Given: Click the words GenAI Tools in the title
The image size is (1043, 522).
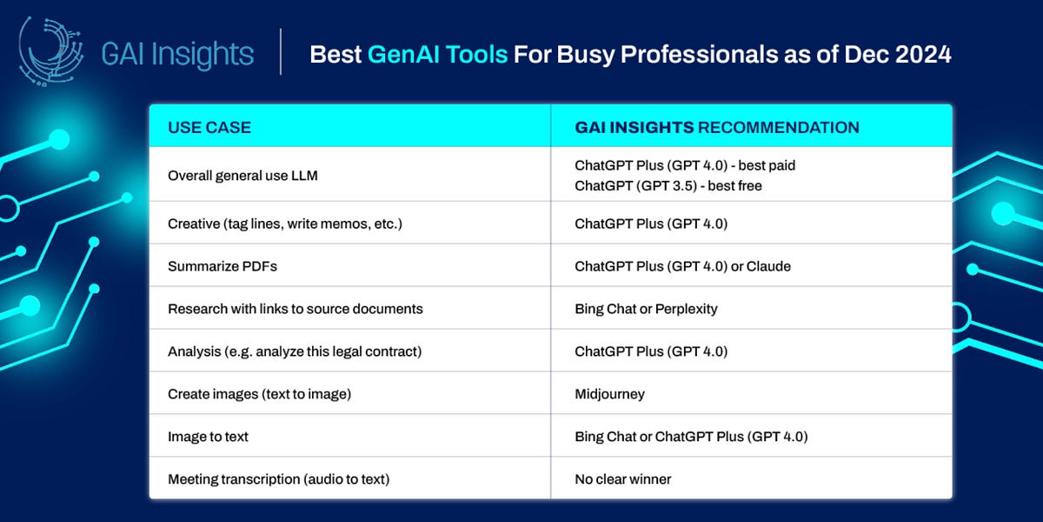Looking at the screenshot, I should point(437,55).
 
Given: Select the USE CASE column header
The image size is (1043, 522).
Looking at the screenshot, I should point(209,127).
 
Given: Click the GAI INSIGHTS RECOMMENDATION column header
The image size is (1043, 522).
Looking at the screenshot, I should point(716,127).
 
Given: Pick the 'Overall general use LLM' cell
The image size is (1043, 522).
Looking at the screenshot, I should point(242,176).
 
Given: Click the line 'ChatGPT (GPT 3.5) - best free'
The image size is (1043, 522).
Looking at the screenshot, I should point(668,185).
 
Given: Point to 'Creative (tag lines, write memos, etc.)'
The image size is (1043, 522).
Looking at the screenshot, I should point(284,224).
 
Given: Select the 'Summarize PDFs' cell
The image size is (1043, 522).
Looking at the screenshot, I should point(222,266).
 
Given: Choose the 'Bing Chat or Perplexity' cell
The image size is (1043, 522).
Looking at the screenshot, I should point(646,309).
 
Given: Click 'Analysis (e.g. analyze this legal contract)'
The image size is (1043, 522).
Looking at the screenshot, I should point(295,351).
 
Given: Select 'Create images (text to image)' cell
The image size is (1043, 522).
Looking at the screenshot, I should point(259,394).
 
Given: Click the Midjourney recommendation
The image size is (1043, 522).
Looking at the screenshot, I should point(609,394).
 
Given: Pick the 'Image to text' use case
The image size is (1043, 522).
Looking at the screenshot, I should point(208,437).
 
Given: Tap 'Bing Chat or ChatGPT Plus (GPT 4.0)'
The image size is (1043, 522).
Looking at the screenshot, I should point(691,437).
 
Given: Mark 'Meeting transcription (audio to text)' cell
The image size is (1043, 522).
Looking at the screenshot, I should point(279,479).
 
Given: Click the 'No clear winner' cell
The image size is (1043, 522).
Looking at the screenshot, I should point(622,479).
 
